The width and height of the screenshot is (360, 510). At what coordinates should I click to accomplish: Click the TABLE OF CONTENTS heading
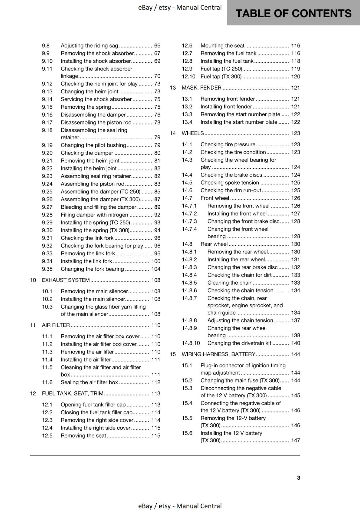pos(293,13)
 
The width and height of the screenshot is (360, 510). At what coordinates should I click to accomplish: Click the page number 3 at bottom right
pos(299,477)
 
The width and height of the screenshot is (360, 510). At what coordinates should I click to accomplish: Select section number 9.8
pos(46,46)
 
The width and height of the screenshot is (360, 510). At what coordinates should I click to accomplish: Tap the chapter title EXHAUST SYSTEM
pos(66,280)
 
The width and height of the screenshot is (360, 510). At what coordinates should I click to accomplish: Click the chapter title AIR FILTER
pos(56,325)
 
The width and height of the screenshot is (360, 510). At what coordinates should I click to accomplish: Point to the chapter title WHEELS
pos(192,133)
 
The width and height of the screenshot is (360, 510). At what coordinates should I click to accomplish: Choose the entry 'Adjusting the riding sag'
pos(89,46)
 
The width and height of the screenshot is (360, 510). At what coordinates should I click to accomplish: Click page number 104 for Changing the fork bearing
pos(156,269)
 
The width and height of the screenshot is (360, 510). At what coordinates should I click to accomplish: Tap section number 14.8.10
pos(191,343)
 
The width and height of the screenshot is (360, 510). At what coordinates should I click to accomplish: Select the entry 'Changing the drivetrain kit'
pos(239,343)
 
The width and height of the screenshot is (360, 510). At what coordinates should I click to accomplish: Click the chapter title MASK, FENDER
pos(201,88)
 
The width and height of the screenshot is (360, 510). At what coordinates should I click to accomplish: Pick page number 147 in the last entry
pos(295,441)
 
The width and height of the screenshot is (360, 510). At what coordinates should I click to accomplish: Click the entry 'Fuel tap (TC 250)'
pos(221,69)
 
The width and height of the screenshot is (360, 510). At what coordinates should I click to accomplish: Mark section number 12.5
pos(47,436)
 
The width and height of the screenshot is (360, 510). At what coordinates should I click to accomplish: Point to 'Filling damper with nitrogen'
pos(94,215)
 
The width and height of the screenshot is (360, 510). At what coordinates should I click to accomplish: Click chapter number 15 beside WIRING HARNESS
pos(173,354)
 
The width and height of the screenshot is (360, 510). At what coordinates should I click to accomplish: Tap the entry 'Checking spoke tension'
pos(230,183)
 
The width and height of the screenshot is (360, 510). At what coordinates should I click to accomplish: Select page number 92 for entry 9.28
pos(157,215)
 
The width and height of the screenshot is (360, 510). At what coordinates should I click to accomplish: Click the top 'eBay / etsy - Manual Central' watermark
pos(180,7)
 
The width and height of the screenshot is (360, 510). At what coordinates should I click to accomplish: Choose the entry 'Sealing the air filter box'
pos(89,382)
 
